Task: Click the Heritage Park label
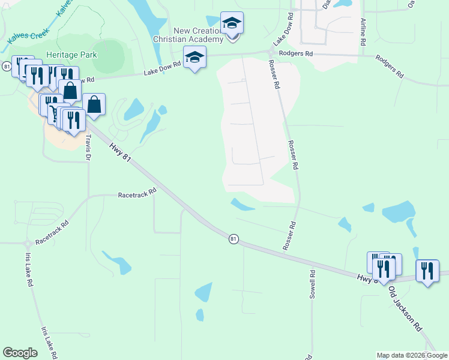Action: (x=72, y=55)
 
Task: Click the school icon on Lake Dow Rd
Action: (x=194, y=58)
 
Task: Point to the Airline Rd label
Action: (x=363, y=32)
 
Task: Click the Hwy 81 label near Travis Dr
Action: (x=119, y=150)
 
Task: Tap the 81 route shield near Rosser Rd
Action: (x=234, y=239)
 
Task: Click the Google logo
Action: (x=20, y=353)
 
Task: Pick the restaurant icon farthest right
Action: (x=427, y=271)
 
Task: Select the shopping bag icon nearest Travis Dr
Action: (x=94, y=104)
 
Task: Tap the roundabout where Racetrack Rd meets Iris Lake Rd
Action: (x=28, y=244)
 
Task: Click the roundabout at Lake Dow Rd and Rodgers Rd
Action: (x=267, y=53)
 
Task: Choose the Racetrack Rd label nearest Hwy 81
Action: (x=137, y=195)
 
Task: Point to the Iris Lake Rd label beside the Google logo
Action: (x=49, y=343)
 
